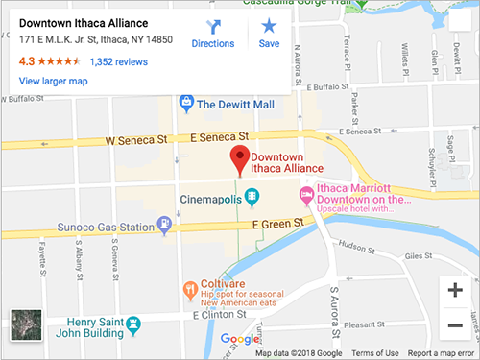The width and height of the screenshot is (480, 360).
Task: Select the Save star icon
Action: [269, 26]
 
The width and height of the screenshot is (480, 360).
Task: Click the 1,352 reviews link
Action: [118, 61]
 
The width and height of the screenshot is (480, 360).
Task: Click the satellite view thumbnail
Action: [25, 324]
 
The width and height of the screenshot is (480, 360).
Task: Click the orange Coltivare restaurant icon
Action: [190, 288]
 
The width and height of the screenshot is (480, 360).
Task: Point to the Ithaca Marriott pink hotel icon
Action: [307, 197]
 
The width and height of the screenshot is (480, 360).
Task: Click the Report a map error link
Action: [442, 353]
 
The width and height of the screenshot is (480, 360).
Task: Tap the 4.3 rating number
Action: [27, 61]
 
